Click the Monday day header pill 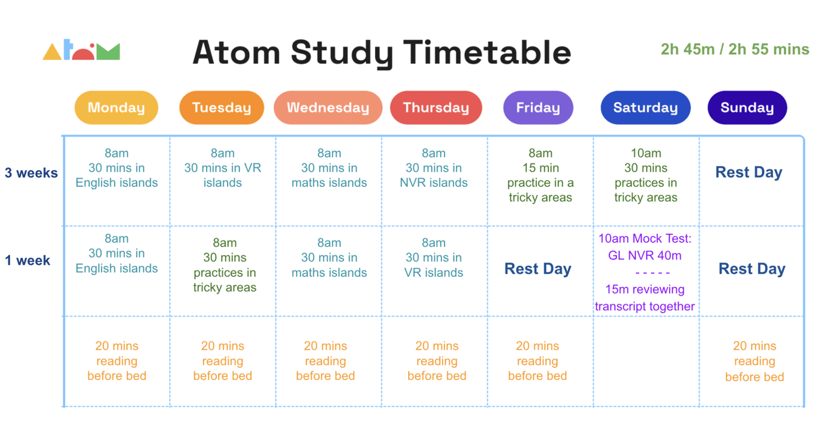coord(116,108)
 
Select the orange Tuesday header coord(222,108)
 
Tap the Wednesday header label coord(328,108)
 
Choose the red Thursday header coord(436,108)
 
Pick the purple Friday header coord(538,108)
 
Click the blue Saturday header coord(646,108)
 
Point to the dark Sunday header coord(747,108)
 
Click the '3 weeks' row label coord(31,173)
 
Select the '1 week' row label coord(28,261)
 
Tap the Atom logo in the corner coord(81,51)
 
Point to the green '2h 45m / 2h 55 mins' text coord(735,50)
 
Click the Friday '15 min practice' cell coord(541,175)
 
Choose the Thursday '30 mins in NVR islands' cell coord(434,168)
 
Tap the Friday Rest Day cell coord(538,269)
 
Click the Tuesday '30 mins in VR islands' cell coord(222,168)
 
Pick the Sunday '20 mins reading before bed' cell coord(754,361)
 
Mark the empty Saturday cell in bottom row coord(646,361)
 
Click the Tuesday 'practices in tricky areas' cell coord(225,265)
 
